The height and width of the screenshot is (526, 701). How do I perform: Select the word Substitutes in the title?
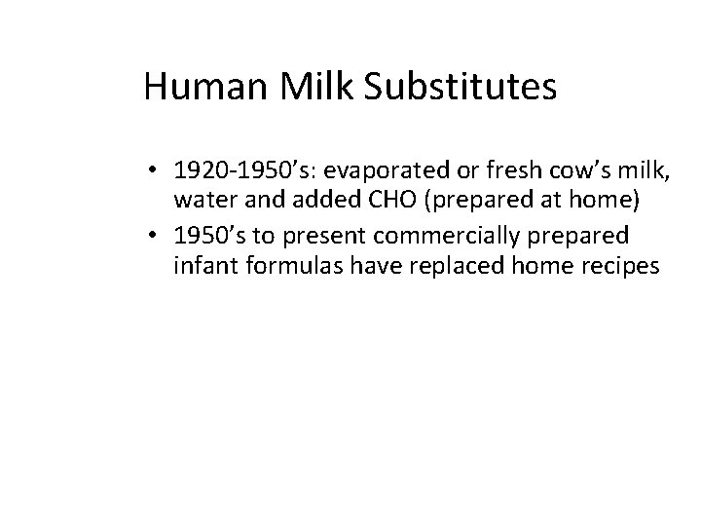pos(461,87)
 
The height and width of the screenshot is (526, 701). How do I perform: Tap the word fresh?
pos(488,172)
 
